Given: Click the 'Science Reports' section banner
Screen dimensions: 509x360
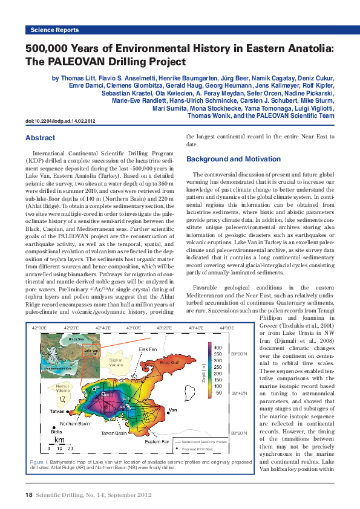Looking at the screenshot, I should [x=54, y=30].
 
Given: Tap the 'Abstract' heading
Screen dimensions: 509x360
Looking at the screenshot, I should [x=40, y=138].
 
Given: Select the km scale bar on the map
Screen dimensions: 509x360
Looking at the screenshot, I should [x=59, y=444].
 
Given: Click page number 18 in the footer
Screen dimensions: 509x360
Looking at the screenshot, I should [x=28, y=495].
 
